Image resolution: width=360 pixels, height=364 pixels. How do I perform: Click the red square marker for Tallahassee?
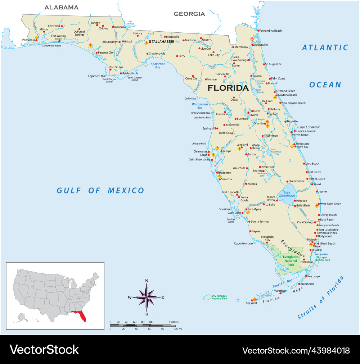click(x=150, y=42)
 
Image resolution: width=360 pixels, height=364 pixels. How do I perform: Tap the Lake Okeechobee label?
click(x=287, y=194)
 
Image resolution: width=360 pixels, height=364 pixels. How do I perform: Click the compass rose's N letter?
click(x=147, y=281)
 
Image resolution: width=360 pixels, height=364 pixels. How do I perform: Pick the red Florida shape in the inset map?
click(x=80, y=315)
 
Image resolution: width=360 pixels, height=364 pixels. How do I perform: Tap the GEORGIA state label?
click(x=189, y=14)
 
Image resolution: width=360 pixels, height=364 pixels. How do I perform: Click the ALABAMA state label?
click(x=61, y=7)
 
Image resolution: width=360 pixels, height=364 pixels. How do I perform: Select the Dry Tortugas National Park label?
click(x=219, y=297)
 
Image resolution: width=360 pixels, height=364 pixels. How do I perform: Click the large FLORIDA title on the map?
click(x=228, y=88)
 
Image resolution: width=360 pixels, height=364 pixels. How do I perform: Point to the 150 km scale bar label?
click(x=174, y=322)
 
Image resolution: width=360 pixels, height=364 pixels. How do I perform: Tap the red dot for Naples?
click(x=250, y=231)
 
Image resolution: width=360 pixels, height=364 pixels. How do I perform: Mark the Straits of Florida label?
click(x=320, y=298)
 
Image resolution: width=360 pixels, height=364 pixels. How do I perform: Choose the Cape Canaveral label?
click(x=309, y=127)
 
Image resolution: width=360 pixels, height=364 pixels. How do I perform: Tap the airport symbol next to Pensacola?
click(x=37, y=37)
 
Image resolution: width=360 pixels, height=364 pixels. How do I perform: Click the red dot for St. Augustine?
click(x=264, y=64)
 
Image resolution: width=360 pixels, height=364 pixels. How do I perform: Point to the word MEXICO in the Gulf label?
click(x=126, y=191)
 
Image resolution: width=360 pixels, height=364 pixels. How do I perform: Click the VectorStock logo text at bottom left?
click(x=44, y=350)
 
